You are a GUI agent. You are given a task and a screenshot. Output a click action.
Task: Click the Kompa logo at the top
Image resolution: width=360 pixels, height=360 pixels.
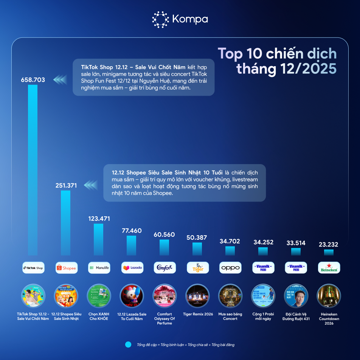[x=180, y=20]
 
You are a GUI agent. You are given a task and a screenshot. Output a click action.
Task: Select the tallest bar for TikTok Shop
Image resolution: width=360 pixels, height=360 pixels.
[x=33, y=170]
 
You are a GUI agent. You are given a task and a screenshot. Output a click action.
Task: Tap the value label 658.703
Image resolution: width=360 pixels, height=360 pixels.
[x=33, y=80]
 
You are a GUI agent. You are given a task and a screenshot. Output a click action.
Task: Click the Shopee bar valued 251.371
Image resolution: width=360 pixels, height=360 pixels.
[x=66, y=223]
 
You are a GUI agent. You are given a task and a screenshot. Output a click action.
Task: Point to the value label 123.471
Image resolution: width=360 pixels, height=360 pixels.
[x=98, y=219]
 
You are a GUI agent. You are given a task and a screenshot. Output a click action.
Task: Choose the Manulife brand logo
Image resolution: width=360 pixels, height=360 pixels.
[x=99, y=268]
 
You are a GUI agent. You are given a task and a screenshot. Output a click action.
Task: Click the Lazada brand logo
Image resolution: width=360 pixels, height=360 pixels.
[x=132, y=268]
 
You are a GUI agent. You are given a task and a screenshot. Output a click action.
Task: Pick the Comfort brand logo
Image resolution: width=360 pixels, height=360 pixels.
[x=164, y=268]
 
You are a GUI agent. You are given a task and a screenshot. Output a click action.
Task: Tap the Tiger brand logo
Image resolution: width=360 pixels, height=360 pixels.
[x=197, y=268]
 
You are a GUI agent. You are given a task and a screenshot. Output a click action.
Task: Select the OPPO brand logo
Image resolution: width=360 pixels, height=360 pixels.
[x=230, y=268]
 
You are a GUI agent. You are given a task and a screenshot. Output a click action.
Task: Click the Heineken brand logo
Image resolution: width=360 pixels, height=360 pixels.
[x=329, y=268]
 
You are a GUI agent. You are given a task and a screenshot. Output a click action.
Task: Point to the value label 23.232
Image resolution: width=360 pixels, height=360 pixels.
[x=329, y=245]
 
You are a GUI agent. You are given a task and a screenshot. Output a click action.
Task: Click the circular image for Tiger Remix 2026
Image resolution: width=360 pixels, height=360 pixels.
[x=197, y=296]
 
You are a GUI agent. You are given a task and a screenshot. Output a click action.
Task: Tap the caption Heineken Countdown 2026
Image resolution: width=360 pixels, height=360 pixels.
[x=329, y=318]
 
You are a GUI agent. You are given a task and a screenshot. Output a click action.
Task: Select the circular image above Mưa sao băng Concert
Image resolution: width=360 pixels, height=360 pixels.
[x=230, y=296]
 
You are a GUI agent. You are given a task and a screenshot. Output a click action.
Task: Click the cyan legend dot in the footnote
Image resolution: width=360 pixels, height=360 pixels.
[x=128, y=344]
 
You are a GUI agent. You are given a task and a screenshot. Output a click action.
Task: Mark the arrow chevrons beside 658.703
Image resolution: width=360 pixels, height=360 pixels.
[x=60, y=80]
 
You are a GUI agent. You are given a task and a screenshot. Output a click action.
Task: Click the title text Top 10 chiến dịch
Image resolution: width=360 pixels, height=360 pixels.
[x=277, y=54]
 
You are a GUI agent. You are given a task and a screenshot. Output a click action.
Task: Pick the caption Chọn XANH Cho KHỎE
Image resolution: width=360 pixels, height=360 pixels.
[x=99, y=316]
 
